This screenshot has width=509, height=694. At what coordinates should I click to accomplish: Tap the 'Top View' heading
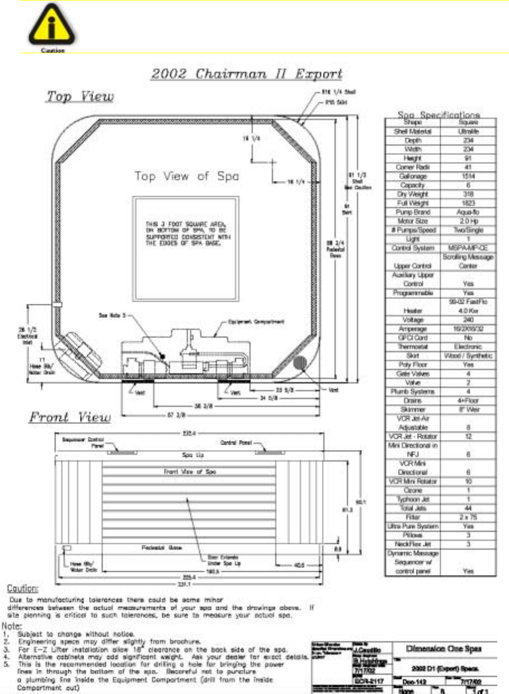80,96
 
